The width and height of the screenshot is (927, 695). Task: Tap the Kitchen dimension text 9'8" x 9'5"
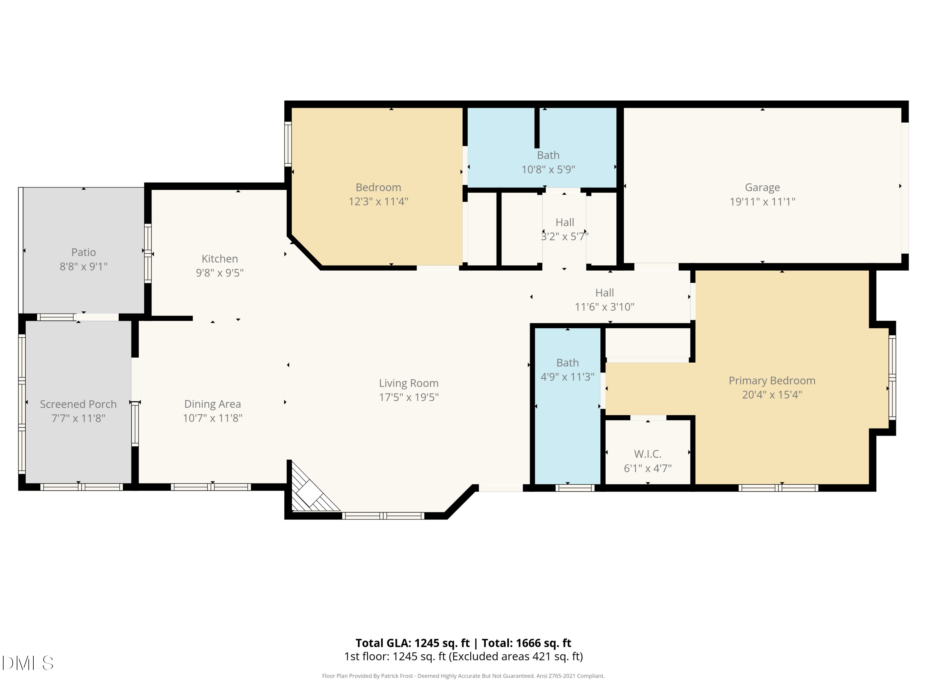tap(220, 273)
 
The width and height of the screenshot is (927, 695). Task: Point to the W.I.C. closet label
tap(647, 454)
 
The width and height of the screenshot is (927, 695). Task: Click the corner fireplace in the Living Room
tap(311, 492)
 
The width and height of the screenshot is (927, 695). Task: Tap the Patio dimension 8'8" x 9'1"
tap(83, 267)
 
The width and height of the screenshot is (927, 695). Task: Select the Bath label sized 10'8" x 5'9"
tap(548, 155)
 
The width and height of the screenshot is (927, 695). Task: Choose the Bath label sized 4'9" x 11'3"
tap(567, 363)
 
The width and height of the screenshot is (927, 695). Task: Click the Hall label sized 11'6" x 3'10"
tap(604, 293)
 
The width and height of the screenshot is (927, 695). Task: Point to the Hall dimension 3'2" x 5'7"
tap(565, 237)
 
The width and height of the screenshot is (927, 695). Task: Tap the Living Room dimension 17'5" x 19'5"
tap(408, 397)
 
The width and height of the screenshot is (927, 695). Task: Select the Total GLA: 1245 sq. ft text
tap(413, 643)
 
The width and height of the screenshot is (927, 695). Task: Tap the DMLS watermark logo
tap(28, 663)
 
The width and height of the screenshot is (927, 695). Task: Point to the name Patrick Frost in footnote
tap(397, 676)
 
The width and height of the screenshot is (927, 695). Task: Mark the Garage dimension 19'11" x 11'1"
tap(762, 202)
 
